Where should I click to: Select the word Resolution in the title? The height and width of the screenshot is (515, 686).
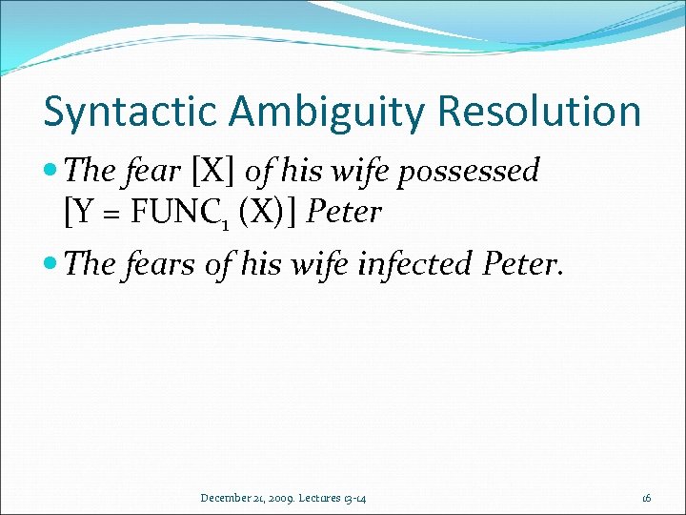(x=539, y=111)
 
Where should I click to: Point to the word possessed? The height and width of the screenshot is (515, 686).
(x=479, y=172)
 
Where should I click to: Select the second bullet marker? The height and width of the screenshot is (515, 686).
(x=53, y=263)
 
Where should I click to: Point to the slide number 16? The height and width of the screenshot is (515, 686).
(x=646, y=497)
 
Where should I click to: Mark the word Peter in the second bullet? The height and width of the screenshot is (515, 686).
(x=523, y=262)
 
